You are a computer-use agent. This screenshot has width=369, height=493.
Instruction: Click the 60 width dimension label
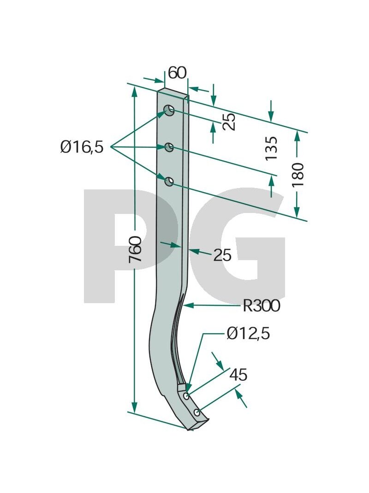click(x=177, y=73)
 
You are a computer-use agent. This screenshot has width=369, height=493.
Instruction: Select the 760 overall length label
click(x=136, y=249)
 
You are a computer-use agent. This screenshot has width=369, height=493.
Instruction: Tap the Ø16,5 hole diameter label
click(x=82, y=147)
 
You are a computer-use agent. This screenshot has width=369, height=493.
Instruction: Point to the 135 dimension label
click(x=271, y=148)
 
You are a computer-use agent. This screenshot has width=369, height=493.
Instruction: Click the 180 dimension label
click(x=298, y=175)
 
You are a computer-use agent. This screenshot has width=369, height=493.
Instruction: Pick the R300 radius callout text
click(x=262, y=305)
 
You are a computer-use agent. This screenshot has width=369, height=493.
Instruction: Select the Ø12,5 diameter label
click(x=248, y=334)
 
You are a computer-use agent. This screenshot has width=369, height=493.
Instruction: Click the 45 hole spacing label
click(x=238, y=375)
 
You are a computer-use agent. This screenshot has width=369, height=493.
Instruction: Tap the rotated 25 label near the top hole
click(x=229, y=122)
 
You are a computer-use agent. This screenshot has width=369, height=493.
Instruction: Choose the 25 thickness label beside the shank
click(x=222, y=255)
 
